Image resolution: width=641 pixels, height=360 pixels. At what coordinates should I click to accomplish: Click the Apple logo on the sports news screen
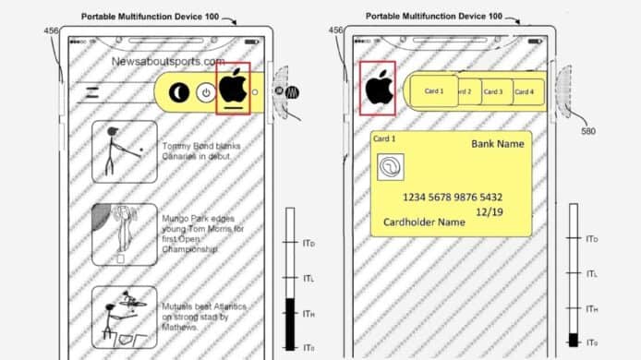pos(233,86)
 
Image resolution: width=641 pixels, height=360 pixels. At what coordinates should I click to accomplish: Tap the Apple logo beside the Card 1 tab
pos(377,88)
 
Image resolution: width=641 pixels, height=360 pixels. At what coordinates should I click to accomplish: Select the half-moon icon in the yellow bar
pos(180,92)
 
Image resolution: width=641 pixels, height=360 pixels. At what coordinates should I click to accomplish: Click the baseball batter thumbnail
pos(125,150)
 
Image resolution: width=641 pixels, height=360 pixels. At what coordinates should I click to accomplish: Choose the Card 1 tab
pos(434,91)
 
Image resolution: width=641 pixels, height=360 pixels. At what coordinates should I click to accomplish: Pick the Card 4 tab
pos(525,92)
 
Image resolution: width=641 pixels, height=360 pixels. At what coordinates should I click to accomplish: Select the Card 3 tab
pos(495,92)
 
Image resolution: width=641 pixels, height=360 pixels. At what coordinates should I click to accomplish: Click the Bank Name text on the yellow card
pos(497,145)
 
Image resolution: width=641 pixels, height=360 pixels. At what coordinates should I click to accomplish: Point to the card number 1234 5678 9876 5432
pos(453,198)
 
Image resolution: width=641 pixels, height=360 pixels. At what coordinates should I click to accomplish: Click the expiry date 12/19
pos(489,212)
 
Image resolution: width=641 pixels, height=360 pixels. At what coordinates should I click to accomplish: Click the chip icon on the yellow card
pos(392,168)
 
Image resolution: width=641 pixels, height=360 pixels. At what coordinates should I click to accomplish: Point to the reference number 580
pos(588,130)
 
